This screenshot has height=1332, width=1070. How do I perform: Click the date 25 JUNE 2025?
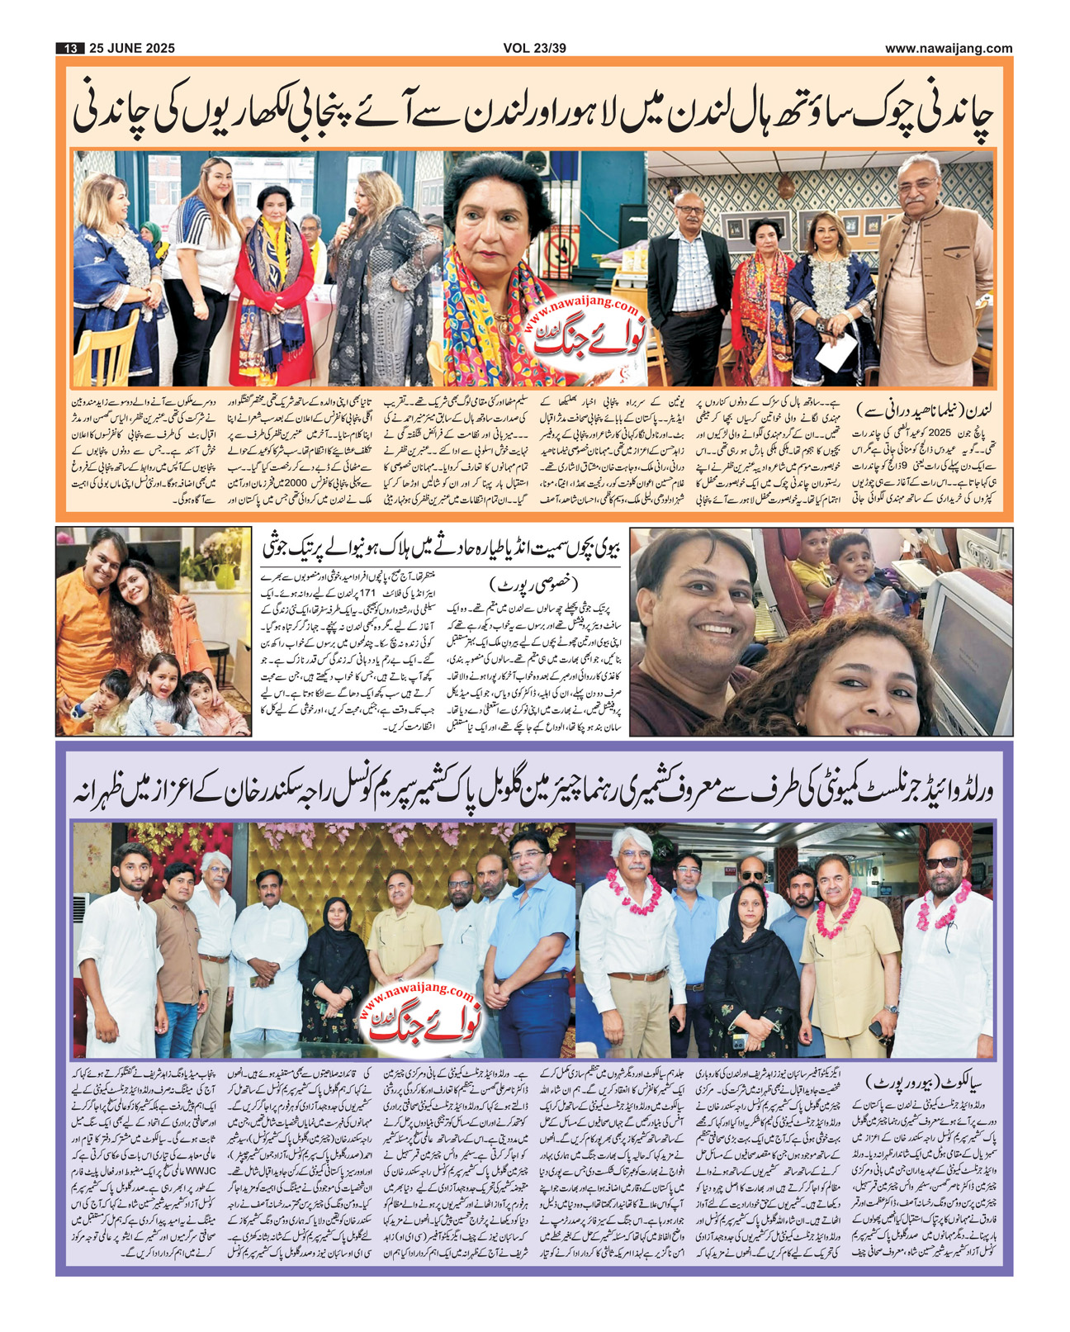131,48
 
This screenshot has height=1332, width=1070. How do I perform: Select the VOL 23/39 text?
534,48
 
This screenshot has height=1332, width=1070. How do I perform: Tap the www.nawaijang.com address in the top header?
949,48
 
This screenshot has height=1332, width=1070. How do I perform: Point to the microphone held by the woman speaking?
351,217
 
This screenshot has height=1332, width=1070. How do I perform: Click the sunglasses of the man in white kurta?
941,862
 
